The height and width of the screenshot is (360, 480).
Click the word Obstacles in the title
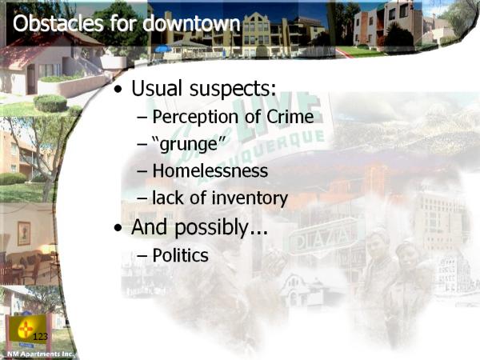tap(58, 23)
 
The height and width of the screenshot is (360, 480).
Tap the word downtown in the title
tap(192, 23)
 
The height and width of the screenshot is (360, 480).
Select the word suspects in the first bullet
tap(233, 89)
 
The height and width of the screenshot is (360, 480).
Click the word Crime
tap(290, 117)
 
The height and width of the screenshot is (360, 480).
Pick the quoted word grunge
tap(189, 145)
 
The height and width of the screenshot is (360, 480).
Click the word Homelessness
tap(210, 171)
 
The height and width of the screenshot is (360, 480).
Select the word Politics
tap(180, 255)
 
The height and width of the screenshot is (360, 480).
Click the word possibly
tap(221, 228)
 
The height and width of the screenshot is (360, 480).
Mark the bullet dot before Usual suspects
tap(118, 89)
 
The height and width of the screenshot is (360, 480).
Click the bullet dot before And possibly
tap(118, 228)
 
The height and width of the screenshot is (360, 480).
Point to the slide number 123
tap(40, 337)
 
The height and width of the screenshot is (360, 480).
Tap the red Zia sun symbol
tap(26, 330)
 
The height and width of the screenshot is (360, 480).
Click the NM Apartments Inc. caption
tap(40, 354)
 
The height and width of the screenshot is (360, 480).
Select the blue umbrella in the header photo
tap(163, 48)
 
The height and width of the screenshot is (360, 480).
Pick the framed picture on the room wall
tap(24, 234)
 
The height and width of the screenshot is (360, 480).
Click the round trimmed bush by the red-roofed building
tap(50, 103)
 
